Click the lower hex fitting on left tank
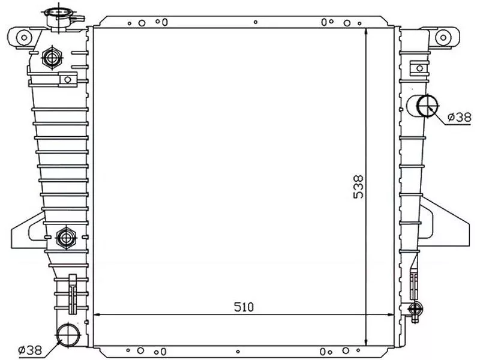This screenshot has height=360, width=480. [x=65, y=238]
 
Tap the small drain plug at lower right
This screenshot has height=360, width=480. [x=413, y=309]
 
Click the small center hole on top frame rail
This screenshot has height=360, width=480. [x=256, y=23]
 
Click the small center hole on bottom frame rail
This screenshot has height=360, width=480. [x=256, y=352]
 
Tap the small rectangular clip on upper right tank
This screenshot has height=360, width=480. [x=415, y=67]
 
